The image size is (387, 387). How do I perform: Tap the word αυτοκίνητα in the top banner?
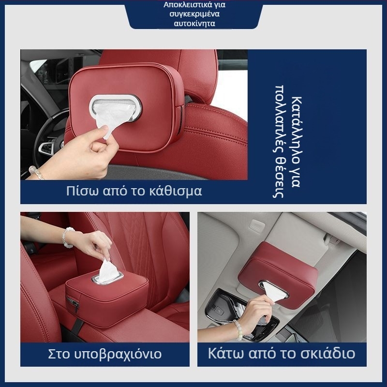pos(194,24)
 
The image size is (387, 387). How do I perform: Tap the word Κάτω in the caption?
pos(226,353)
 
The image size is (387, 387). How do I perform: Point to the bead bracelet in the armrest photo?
pos(66,237)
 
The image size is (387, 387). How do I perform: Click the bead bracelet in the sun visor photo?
pos(238,329)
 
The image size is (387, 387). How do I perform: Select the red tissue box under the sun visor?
pos(278,272)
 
